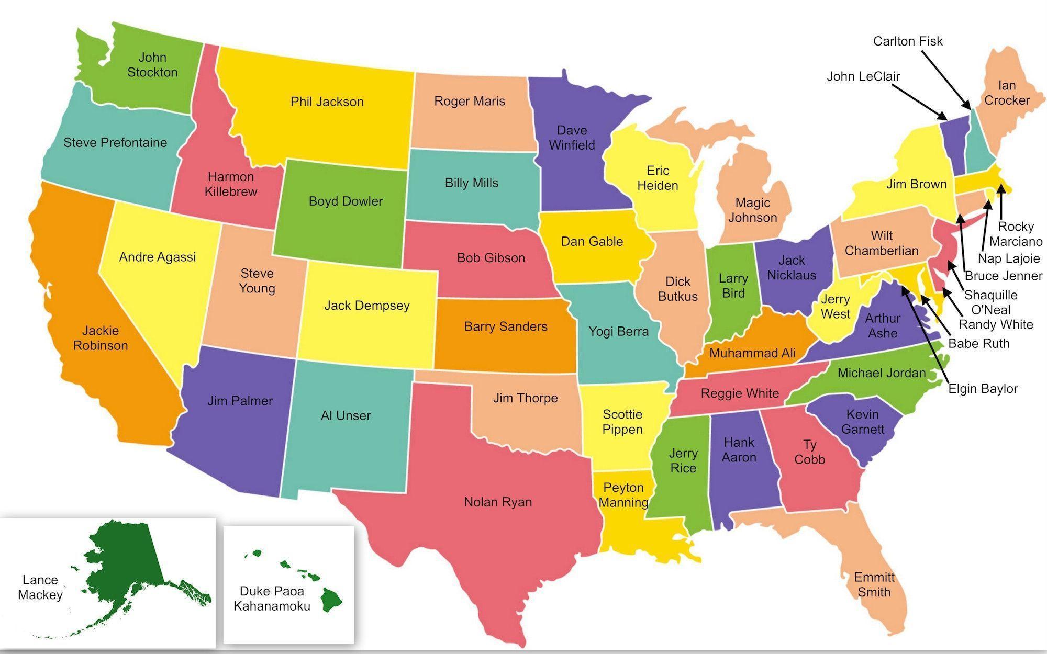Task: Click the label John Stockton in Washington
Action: [152, 64]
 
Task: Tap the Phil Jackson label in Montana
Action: [327, 102]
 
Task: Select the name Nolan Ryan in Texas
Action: [498, 502]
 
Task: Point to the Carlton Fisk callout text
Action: [908, 41]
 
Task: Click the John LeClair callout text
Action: [863, 76]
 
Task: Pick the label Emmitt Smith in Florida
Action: [874, 584]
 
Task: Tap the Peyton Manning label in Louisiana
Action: [623, 495]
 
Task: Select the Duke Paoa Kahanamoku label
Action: [272, 598]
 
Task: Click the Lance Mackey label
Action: [40, 587]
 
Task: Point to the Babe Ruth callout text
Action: [978, 343]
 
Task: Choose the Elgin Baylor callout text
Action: [983, 388]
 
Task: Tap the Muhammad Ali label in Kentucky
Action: [752, 353]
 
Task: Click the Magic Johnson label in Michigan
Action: [752, 210]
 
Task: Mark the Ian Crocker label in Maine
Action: [1007, 93]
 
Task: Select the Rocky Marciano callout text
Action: [1016, 234]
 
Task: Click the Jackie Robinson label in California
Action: [101, 337]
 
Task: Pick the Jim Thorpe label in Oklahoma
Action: [525, 398]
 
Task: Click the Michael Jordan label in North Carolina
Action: [882, 373]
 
